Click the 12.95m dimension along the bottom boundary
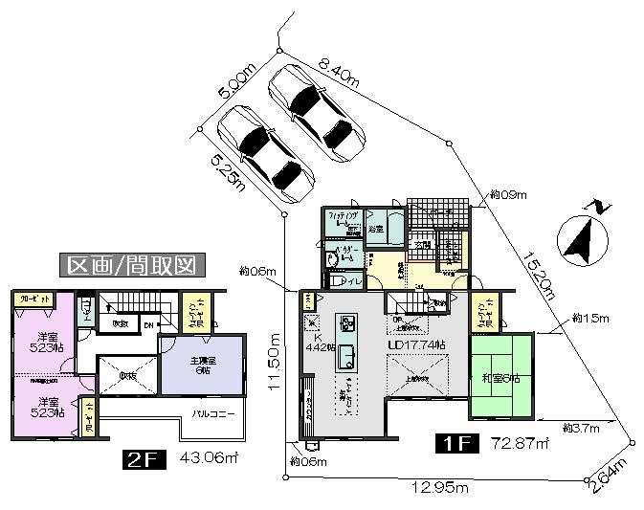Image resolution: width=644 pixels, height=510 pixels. [x=439, y=488]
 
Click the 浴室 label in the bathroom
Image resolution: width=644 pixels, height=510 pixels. [x=376, y=230]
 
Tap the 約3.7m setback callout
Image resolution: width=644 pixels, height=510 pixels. [x=580, y=426]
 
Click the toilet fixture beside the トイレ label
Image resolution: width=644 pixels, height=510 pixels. [x=334, y=280]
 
